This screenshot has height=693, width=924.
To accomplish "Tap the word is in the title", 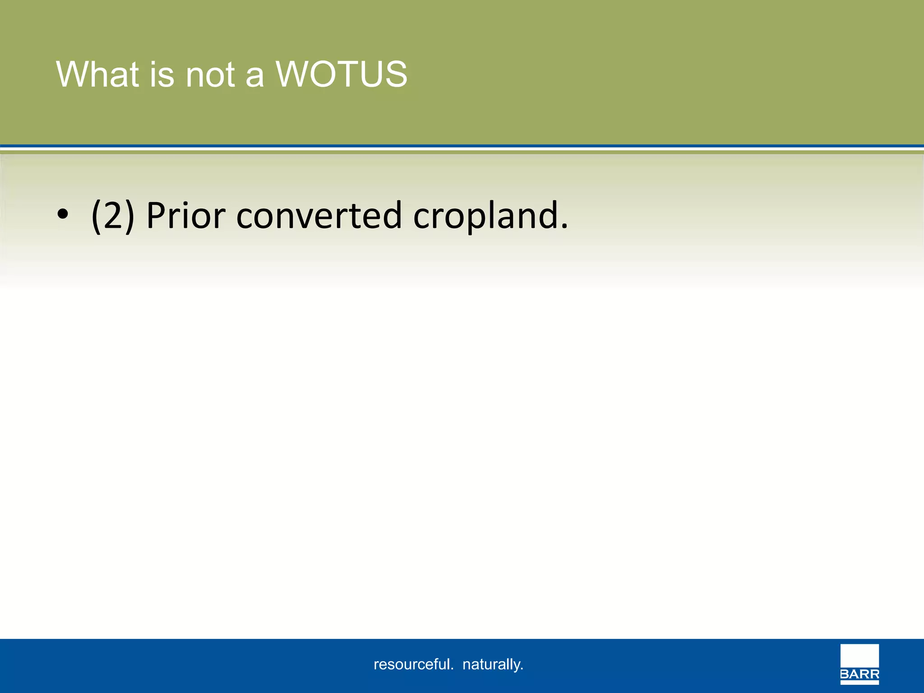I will pyautogui.click(x=162, y=74).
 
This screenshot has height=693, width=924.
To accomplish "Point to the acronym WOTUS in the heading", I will pyautogui.click(x=342, y=74).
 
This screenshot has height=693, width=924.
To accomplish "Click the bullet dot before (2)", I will pyautogui.click(x=63, y=216).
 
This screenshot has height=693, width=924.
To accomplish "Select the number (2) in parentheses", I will pyautogui.click(x=113, y=216).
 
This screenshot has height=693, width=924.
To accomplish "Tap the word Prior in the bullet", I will pyautogui.click(x=185, y=216).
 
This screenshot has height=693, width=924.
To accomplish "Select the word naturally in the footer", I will pyautogui.click(x=493, y=665).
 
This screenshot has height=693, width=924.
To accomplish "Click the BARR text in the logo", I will pyautogui.click(x=859, y=675).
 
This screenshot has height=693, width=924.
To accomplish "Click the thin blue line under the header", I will pyautogui.click(x=462, y=146).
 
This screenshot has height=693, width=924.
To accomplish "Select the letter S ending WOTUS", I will pyautogui.click(x=396, y=74).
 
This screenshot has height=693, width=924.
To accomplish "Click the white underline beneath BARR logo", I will pyautogui.click(x=859, y=683).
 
